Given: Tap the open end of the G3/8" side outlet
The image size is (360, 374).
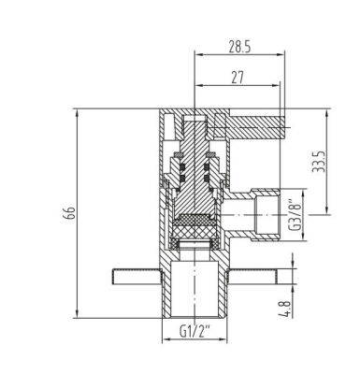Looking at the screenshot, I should point(279,214).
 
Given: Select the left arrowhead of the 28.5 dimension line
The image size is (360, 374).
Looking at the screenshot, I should point(196,55).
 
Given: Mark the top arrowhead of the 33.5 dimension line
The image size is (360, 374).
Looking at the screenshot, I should point(326,112).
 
